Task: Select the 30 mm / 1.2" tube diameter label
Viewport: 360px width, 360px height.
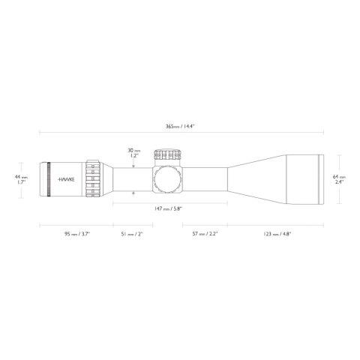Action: coord(134,153)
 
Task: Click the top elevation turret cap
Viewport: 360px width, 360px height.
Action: coord(168,154)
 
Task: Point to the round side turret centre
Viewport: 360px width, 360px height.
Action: coord(168,180)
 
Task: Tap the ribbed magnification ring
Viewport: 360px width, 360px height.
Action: coord(94,180)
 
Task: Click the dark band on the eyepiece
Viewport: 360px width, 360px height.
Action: coord(49,180)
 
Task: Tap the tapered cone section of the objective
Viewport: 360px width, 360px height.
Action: coord(255,180)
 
